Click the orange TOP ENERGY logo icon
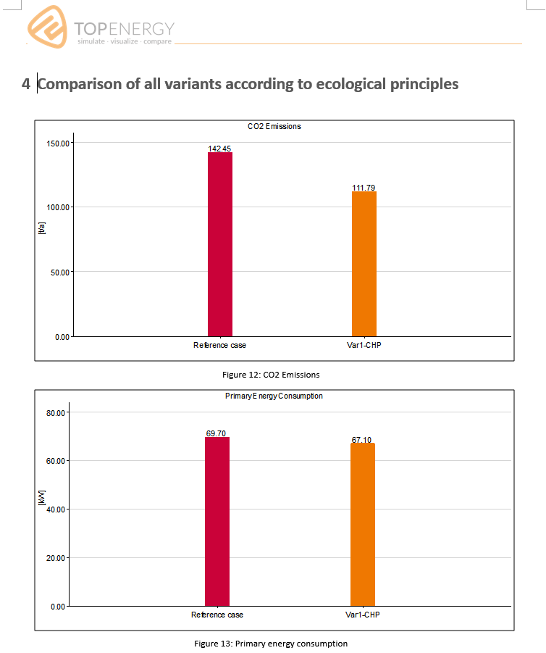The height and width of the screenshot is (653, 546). [x=47, y=27]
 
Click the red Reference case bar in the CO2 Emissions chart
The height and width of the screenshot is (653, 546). [x=220, y=244]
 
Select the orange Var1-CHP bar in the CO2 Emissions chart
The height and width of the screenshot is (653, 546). [x=364, y=264]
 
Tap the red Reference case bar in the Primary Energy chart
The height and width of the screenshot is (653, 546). [x=217, y=521]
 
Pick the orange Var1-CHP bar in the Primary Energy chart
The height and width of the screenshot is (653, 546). [x=363, y=524]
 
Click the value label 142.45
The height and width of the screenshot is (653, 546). [x=219, y=149]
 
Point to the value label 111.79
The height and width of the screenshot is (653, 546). [x=364, y=188]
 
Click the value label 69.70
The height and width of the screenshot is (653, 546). [x=216, y=433]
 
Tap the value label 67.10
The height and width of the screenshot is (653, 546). [x=361, y=440]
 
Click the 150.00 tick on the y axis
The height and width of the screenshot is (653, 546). [x=58, y=144]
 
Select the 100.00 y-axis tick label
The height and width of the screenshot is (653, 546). [x=58, y=207]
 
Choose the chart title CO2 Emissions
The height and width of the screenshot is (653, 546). [x=274, y=126]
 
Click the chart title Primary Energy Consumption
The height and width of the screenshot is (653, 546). [x=274, y=396]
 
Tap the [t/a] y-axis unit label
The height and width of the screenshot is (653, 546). [x=41, y=228]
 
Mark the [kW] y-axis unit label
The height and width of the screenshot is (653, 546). [x=41, y=498]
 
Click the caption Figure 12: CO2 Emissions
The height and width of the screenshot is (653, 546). [x=271, y=375]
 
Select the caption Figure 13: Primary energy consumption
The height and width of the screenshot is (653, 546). [x=271, y=644]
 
